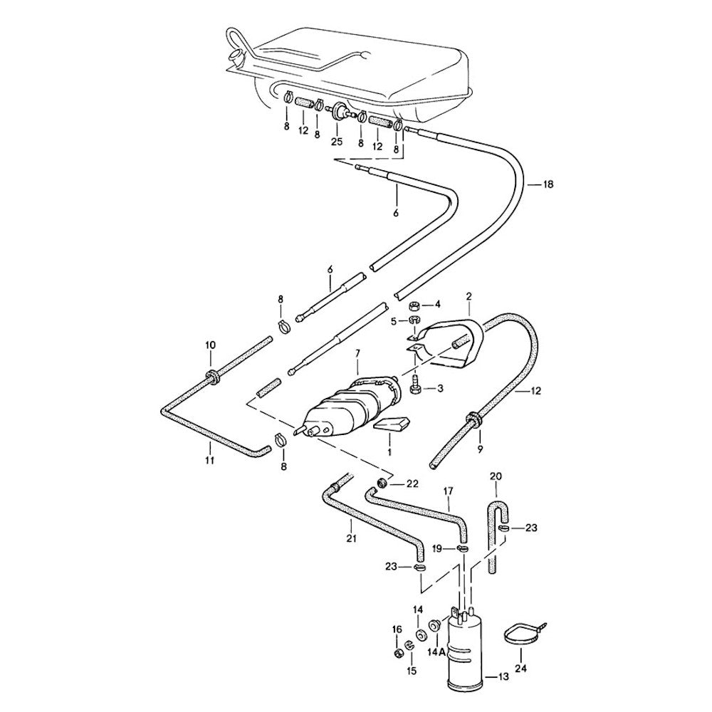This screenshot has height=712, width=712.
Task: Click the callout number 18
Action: click(x=548, y=184)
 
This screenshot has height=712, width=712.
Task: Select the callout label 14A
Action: click(x=437, y=651)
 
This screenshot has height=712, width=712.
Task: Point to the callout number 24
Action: click(x=521, y=669)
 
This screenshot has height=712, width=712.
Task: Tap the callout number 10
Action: click(x=211, y=345)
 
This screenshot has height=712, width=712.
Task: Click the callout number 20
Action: click(x=496, y=476)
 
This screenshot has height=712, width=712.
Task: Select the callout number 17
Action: click(x=449, y=491)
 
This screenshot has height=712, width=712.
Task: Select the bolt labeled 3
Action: click(x=414, y=389)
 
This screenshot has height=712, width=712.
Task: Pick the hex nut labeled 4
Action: click(x=415, y=304)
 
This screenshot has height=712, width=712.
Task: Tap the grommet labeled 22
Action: click(x=383, y=483)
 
